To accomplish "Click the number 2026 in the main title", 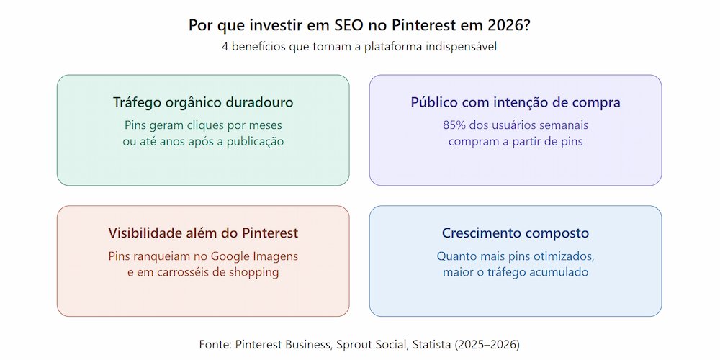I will (508, 25).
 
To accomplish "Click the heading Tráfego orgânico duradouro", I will (203, 103).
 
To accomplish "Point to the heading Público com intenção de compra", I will (516, 103).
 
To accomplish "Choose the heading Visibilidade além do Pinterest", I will (203, 233).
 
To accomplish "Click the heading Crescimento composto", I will (516, 233).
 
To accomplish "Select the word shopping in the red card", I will (252, 273).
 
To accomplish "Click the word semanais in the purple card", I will (561, 125).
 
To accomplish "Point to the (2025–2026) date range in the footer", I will (487, 344).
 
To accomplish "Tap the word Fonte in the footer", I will (214, 344).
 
